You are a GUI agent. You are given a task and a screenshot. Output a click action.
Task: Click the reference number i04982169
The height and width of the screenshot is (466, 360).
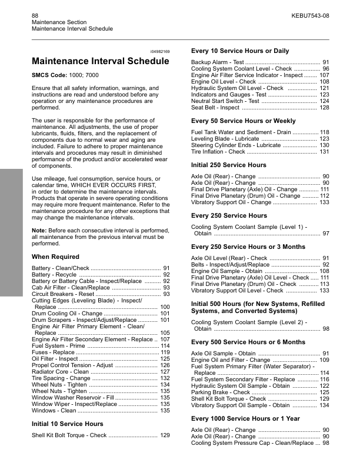point(158,52)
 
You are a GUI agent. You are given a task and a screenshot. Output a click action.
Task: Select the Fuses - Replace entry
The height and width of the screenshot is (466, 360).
point(54,352)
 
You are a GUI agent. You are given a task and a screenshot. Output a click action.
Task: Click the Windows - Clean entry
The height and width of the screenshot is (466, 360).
point(53,411)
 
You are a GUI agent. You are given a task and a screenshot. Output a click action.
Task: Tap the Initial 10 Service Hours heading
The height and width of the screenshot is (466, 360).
point(68,423)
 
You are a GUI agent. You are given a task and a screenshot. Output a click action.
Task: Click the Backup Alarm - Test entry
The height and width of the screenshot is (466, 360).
point(218,62)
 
